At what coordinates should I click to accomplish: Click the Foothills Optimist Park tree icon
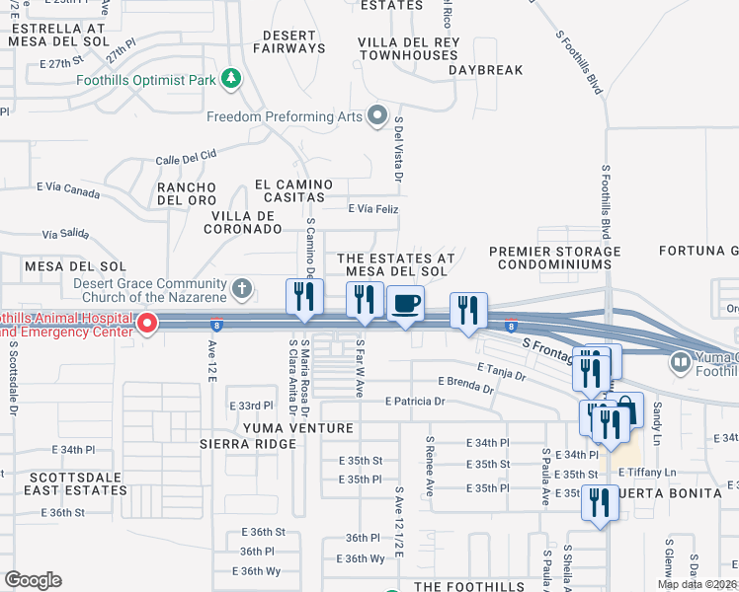(231, 78)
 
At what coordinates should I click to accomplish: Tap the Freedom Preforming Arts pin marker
(376, 117)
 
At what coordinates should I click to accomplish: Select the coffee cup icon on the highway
(404, 305)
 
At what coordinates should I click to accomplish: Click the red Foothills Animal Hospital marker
(147, 323)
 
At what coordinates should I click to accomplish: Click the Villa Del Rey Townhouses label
(408, 48)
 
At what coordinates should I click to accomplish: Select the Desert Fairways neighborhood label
(288, 40)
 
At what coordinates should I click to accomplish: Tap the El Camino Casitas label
(297, 190)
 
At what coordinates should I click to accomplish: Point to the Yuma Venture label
(297, 428)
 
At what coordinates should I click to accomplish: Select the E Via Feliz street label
(372, 209)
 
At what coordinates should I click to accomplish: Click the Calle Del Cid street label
(185, 159)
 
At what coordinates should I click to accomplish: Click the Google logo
(33, 579)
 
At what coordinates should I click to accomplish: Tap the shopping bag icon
(626, 407)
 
